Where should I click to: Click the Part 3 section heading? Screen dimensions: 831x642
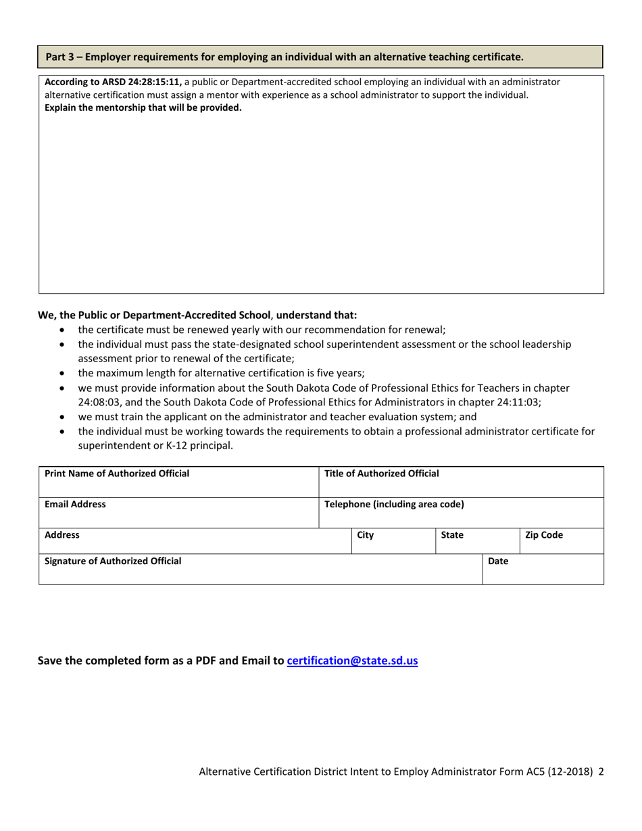284,57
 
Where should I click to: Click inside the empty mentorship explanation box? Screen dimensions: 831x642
321,203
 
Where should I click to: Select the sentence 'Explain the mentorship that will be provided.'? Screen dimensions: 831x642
143,107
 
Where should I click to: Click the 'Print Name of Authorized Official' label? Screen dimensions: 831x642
116,473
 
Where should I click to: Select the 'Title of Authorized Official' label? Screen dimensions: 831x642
382,473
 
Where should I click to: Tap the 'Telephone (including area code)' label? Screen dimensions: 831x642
395,503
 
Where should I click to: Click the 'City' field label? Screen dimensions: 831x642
365,534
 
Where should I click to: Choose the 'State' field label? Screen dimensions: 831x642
451,534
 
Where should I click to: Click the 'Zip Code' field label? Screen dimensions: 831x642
543,534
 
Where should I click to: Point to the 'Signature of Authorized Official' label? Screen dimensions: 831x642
112,560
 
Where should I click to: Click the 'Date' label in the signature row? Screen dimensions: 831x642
497,560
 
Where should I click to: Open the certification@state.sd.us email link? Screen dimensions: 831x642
352,661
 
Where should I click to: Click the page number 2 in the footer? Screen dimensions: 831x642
601,771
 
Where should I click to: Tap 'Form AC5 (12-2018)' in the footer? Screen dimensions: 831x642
546,771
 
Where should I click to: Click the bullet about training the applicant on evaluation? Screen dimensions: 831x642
277,416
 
